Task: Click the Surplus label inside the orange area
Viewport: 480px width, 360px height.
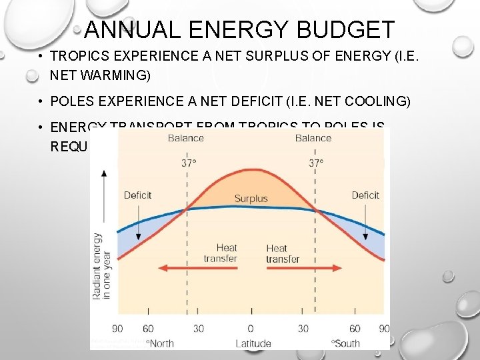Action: [x=251, y=198]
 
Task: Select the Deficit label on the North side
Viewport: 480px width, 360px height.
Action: [x=137, y=195]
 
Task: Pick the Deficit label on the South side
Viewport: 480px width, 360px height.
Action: [x=365, y=195]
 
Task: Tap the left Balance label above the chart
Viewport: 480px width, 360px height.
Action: [x=186, y=138]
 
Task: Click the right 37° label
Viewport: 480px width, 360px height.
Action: [x=317, y=163]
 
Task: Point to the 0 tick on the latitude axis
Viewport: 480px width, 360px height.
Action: [x=251, y=328]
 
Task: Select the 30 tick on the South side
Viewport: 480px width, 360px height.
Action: [x=303, y=328]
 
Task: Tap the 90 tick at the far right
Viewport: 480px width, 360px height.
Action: [x=384, y=328]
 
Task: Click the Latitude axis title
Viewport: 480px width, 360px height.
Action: [x=253, y=343]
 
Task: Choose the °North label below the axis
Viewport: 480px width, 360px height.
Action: [x=160, y=343]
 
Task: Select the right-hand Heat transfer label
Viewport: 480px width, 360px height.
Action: [x=282, y=253]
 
